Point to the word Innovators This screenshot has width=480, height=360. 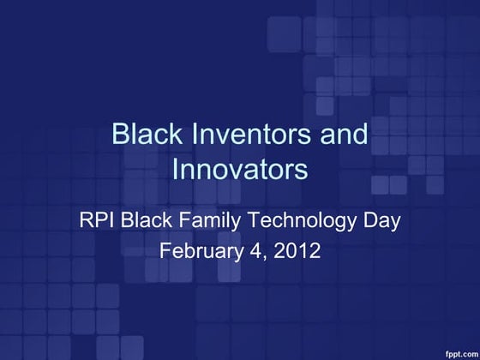240,169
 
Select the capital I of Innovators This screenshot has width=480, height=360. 177,169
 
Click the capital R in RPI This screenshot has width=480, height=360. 86,220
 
